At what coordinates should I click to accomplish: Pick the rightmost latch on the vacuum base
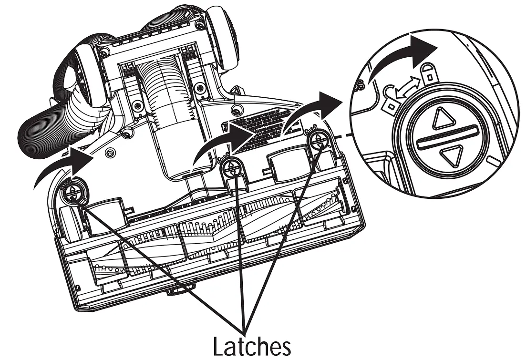[317, 140]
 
